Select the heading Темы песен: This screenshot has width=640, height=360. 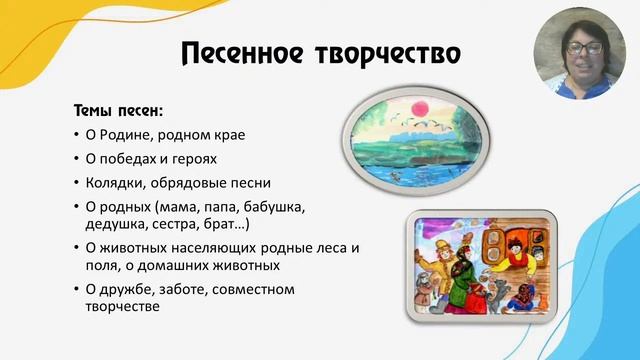click(117, 109)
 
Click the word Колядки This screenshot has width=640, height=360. click(114, 183)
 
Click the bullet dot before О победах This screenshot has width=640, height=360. click(78, 159)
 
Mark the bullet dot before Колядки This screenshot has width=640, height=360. click(78, 183)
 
